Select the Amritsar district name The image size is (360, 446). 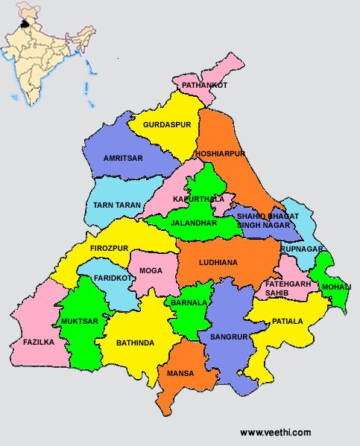coord(123,159)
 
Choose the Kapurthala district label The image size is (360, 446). coord(198,200)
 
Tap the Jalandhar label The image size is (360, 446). coord(193,223)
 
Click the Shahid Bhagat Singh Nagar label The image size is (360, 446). coord(268,220)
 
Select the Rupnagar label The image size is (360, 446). coord(302,249)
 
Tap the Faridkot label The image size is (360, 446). coord(113,278)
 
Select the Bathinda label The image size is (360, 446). coord(135,343)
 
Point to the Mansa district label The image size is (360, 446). coord(180,373)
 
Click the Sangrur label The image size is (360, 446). coord(228,337)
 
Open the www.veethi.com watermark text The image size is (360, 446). coord(275,433)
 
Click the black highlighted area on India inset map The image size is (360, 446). coord(28,23)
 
